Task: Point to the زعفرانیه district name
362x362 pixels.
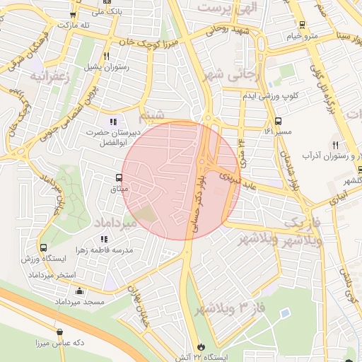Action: coord(49,77)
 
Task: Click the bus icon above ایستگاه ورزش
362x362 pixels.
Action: coord(45,249)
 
